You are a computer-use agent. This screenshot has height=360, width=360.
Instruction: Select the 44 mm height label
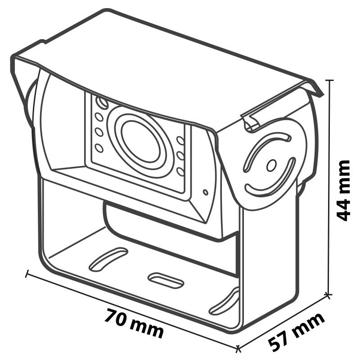click(343, 190)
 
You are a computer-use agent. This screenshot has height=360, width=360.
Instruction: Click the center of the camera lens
click(140, 141)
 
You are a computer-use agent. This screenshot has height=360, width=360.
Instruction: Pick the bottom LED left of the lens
click(99, 148)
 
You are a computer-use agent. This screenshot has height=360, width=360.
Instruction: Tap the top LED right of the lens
click(180, 140)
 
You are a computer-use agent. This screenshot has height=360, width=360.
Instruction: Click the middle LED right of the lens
click(181, 156)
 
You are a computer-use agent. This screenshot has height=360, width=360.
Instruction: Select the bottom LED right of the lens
click(181, 171)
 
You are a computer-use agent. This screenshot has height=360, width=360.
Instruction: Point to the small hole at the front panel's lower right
click(206, 192)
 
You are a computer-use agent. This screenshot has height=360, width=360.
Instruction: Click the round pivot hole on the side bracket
click(271, 165)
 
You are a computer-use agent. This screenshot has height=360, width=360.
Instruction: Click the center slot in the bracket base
click(166, 280)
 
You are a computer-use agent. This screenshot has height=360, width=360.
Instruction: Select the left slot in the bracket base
click(108, 260)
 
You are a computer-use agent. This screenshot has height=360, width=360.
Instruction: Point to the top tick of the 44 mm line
click(330, 81)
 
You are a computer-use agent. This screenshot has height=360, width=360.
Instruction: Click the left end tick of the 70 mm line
click(27, 273)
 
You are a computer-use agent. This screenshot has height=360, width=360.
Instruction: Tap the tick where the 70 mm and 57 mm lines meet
click(238, 348)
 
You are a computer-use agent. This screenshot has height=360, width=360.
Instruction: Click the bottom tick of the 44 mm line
click(328, 294)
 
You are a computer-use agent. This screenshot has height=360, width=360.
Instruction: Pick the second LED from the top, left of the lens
click(99, 117)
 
